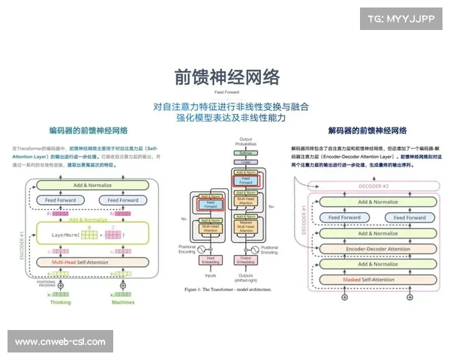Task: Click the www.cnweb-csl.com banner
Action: click(60, 342)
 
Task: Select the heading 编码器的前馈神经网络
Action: click(88, 130)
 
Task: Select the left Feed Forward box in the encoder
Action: click(60, 200)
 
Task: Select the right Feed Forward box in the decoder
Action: click(409, 217)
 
